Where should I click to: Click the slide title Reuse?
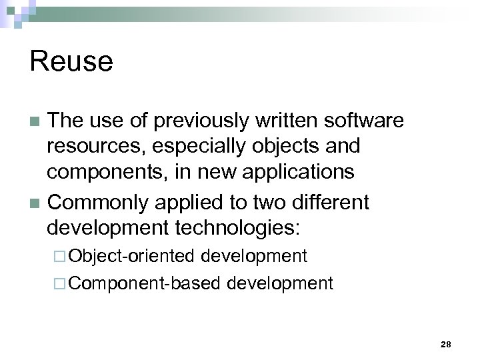(71, 61)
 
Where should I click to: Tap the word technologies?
(238, 228)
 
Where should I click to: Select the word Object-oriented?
(131, 256)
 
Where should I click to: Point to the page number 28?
(446, 344)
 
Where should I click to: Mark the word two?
(267, 201)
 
